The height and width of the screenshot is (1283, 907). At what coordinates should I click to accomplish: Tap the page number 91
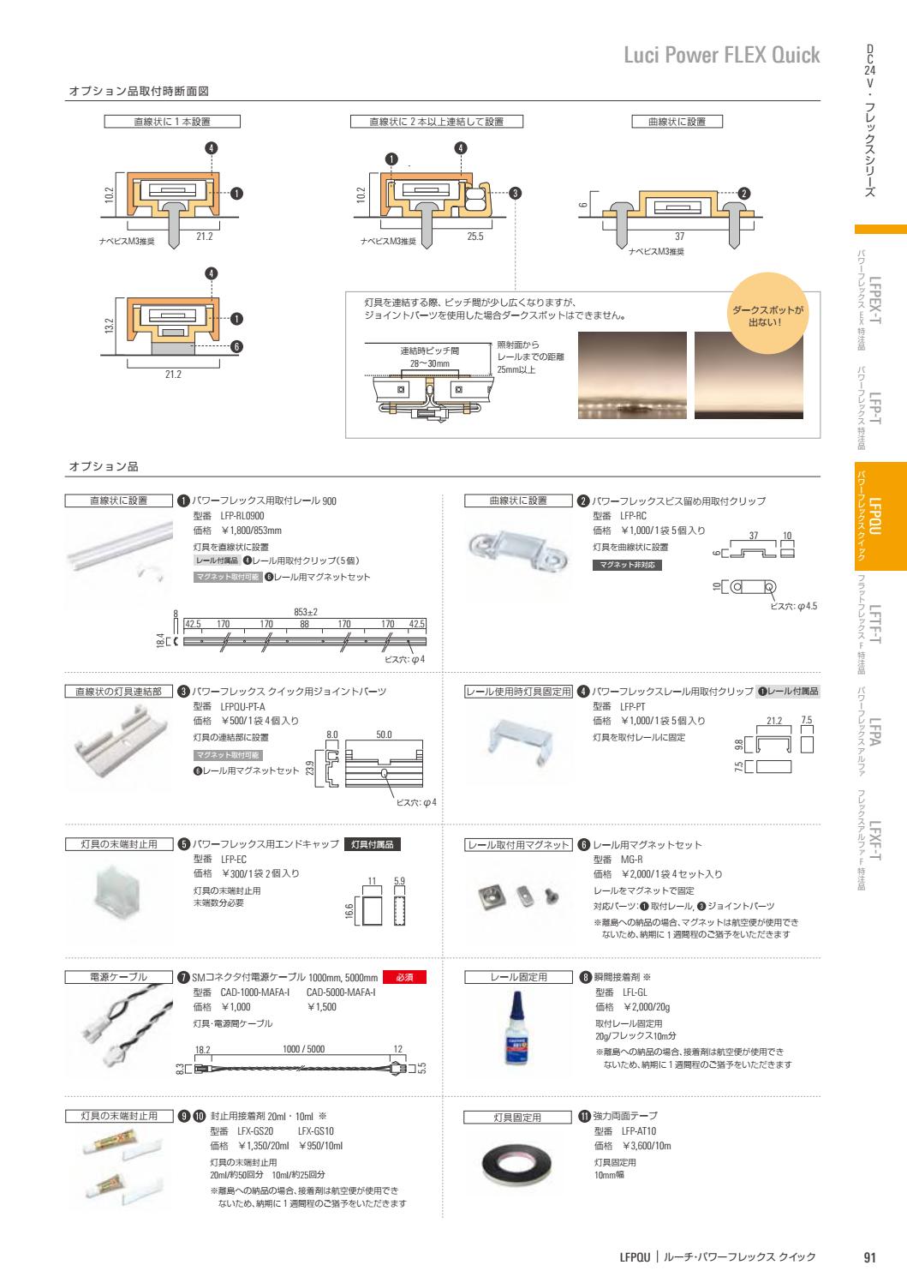(868, 1257)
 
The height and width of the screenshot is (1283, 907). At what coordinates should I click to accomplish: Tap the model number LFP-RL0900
(242, 516)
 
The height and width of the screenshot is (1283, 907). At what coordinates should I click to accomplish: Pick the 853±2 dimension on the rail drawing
(306, 612)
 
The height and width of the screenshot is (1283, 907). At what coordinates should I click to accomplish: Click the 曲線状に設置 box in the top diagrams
(677, 122)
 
